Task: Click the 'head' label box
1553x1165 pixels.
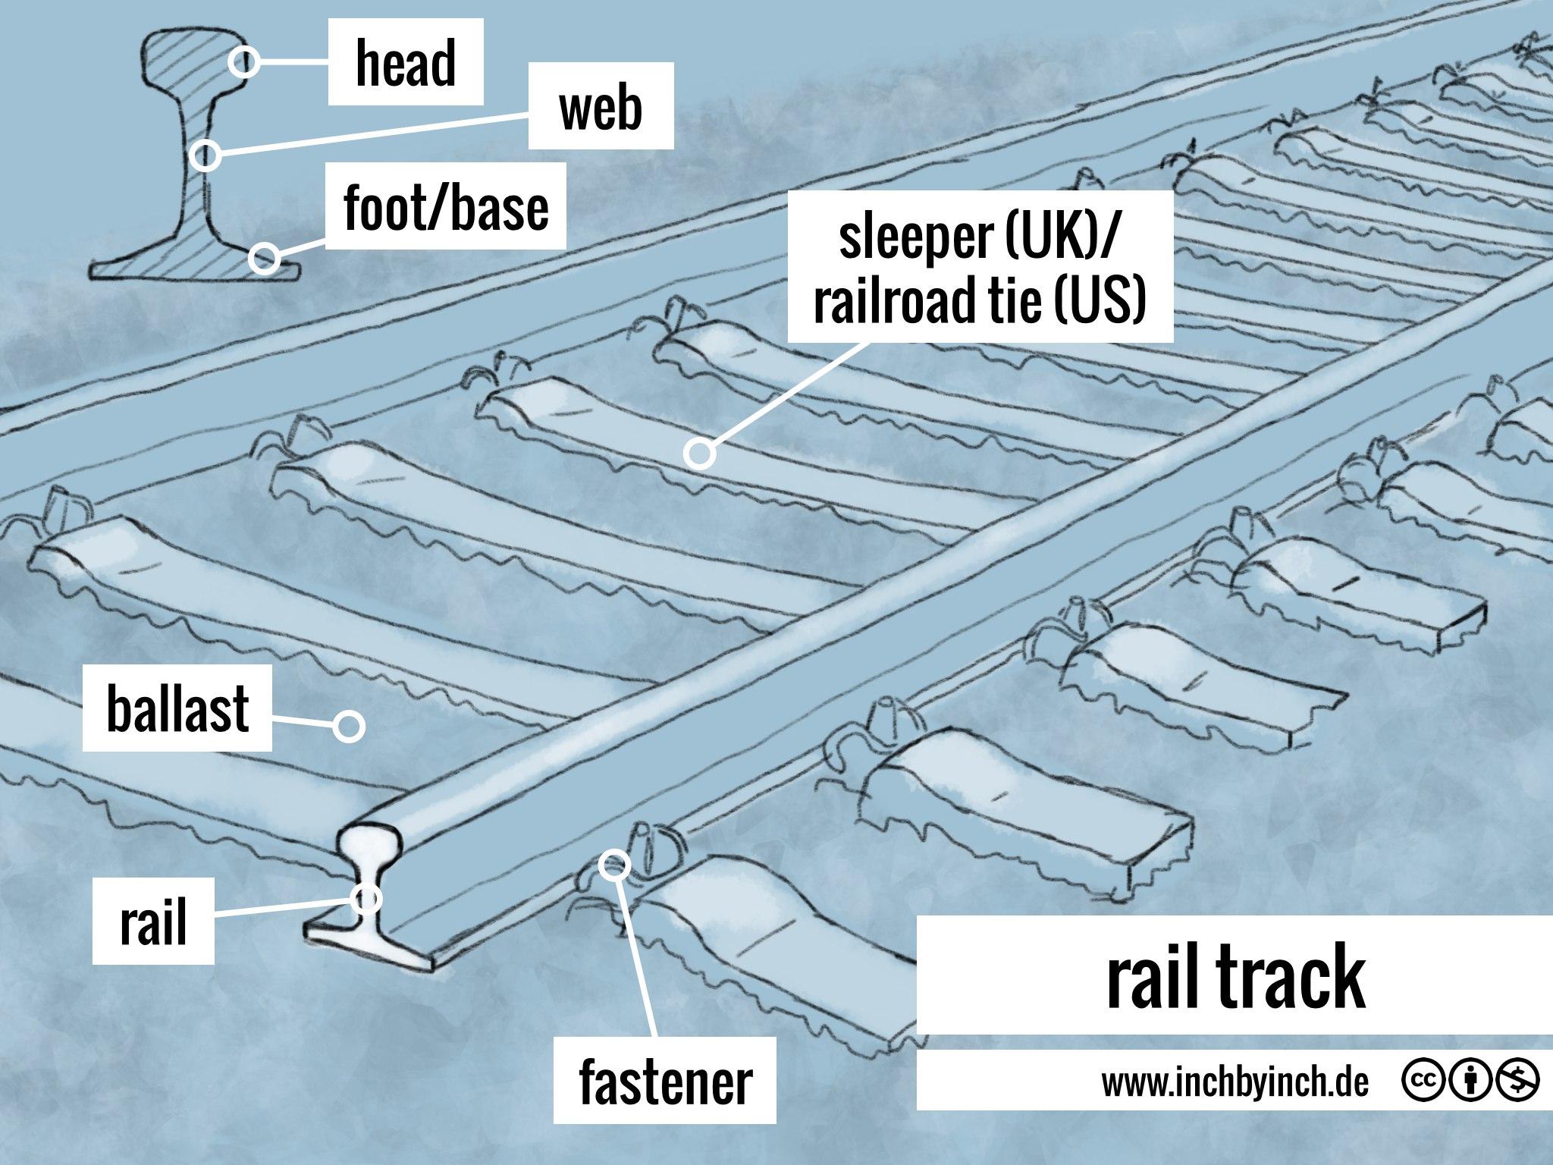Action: tap(406, 63)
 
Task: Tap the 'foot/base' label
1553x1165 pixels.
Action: tap(446, 206)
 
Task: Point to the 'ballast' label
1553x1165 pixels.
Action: tap(177, 708)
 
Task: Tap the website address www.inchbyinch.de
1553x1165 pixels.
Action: tap(1235, 1084)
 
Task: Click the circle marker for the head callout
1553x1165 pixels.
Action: tap(245, 62)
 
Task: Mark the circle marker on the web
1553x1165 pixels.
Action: tap(205, 156)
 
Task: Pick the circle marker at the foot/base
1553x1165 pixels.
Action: tap(263, 258)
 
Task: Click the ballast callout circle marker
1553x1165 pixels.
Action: tap(349, 726)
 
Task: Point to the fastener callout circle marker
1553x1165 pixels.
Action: tap(613, 864)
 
